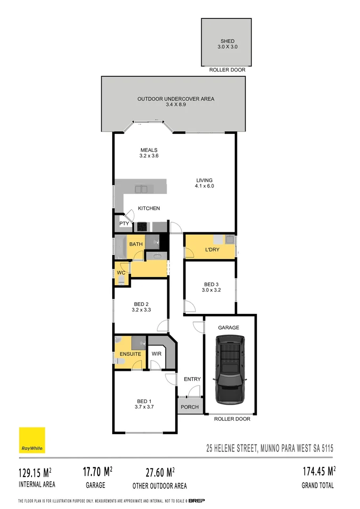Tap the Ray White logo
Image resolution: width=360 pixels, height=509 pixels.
click(x=32, y=440)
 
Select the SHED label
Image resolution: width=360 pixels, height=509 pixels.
click(x=227, y=41)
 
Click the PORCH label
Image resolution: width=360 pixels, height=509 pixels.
click(x=189, y=407)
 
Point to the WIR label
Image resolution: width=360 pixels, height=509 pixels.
click(x=156, y=353)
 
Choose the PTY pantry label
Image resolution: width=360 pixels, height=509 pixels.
click(x=124, y=224)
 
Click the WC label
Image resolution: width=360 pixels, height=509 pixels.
click(x=120, y=273)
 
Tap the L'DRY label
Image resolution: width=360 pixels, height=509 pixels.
click(x=213, y=250)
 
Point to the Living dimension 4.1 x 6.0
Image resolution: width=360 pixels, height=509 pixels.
click(x=205, y=186)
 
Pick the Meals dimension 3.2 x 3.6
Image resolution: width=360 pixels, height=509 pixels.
click(x=148, y=156)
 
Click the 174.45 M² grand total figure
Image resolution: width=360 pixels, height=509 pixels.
click(x=319, y=471)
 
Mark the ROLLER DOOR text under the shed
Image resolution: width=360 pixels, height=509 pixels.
click(x=227, y=70)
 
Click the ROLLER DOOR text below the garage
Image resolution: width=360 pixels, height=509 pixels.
click(x=232, y=419)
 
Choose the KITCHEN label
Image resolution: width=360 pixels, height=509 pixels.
click(x=148, y=208)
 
